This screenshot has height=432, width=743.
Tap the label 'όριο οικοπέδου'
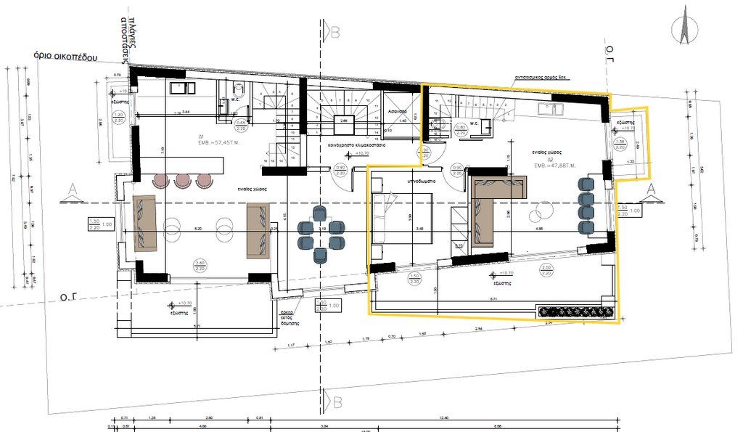(x=65, y=57)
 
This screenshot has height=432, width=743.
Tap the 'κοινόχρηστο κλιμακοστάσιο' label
(x=356, y=145)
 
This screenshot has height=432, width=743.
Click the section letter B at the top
(x=334, y=32)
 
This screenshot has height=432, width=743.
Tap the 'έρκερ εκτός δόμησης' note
(x=292, y=317)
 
